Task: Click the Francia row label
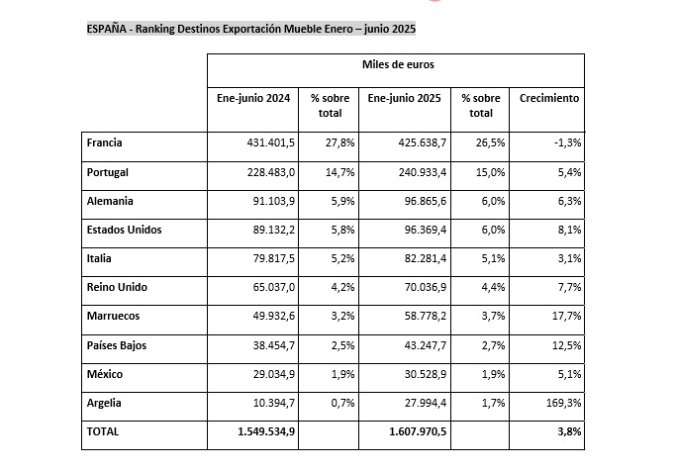104,142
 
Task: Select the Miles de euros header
398,64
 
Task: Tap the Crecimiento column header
549,98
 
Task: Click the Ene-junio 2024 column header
253,98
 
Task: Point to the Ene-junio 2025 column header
404,98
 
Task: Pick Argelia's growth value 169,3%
563,403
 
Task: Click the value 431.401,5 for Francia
271,142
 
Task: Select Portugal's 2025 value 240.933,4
422,172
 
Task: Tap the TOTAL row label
103,431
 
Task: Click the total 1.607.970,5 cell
418,431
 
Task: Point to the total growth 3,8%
569,431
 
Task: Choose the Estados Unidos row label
124,230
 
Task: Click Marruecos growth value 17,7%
566,316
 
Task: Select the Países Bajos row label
117,345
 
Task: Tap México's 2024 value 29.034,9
274,374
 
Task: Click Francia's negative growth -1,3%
567,142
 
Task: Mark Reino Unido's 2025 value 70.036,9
426,287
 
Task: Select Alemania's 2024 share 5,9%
342,201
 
